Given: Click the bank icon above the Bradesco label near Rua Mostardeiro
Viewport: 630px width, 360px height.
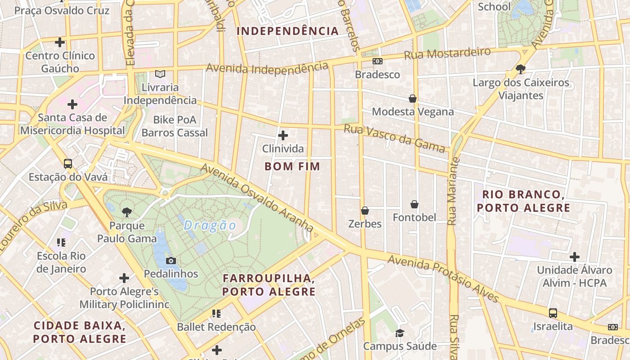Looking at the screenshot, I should pos(377,61).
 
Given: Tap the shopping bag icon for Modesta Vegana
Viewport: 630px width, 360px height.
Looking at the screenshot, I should pos(413,99).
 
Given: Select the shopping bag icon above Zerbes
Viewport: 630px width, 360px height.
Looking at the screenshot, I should pos(365,211).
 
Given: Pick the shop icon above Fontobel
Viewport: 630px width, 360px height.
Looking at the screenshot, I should pos(414,205).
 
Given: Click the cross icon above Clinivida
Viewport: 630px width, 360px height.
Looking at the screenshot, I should pos(283,135).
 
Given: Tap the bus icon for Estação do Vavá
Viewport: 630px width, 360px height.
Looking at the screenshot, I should pos(68,164).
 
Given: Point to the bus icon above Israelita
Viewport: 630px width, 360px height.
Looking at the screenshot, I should pos(553,313).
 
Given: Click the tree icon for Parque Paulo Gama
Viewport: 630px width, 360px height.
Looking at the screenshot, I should pos(127,212).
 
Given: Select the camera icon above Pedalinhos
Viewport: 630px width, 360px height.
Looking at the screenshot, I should pos(171,261).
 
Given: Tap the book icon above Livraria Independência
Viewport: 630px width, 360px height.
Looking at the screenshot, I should pos(160,74).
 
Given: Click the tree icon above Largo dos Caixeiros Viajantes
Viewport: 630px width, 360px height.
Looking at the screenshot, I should pos(521,69).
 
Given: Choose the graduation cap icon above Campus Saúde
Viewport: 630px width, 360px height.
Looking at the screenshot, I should pos(400,333).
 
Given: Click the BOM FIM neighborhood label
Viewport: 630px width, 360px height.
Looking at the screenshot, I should pos(292,166).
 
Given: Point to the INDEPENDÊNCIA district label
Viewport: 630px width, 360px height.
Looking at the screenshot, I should pos(288,31).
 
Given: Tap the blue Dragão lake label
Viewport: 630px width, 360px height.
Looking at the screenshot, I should pos(210,225).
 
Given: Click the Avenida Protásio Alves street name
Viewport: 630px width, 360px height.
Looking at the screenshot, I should pos(443,279).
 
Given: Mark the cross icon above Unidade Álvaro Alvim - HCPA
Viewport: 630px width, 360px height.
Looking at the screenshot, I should pos(574,257).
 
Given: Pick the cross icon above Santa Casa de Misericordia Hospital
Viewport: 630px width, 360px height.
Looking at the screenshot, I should pos(72,105).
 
